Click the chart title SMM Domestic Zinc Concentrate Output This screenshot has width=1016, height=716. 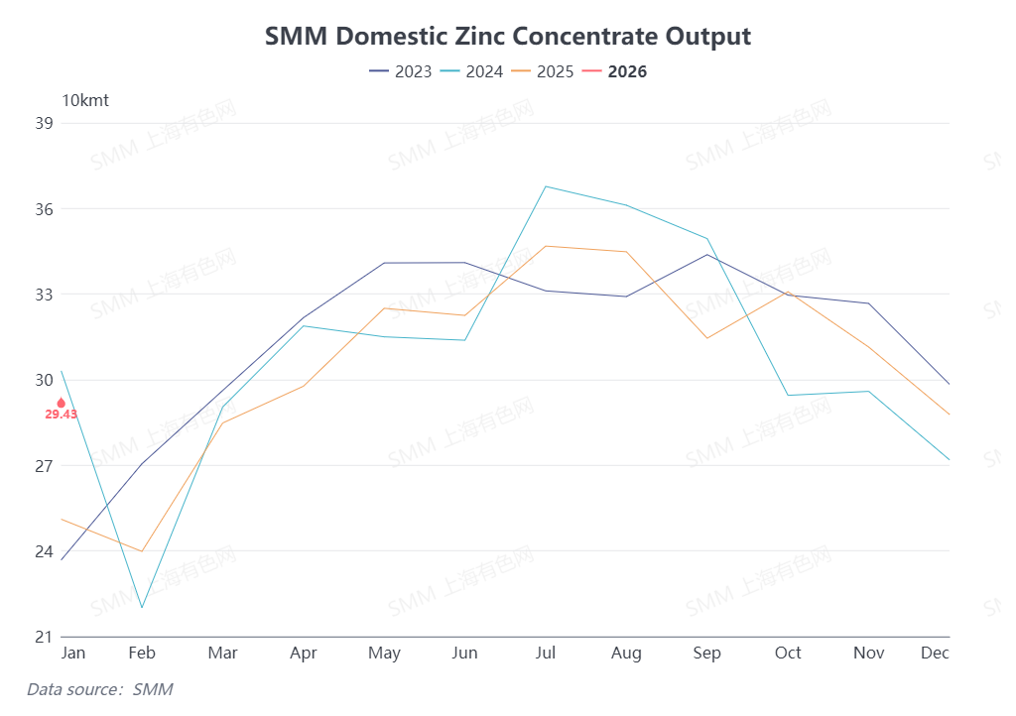point(508,37)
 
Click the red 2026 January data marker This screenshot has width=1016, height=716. point(62,403)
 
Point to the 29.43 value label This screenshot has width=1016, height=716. point(62,415)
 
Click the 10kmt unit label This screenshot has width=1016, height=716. point(85,100)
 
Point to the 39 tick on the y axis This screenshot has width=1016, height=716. point(44,123)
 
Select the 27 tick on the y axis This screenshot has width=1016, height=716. point(44,465)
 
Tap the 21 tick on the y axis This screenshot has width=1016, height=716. point(44,637)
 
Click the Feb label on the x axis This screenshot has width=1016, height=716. point(142,653)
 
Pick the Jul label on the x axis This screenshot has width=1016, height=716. point(546,653)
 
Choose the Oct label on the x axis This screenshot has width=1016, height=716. point(788,653)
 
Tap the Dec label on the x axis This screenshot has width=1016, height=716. point(935,653)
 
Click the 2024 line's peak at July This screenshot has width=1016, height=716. point(546,186)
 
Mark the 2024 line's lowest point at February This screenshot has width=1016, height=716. point(142,607)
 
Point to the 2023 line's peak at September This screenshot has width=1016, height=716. point(707,255)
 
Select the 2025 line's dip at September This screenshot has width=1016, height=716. point(707,338)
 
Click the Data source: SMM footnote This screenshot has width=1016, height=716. point(99,688)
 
